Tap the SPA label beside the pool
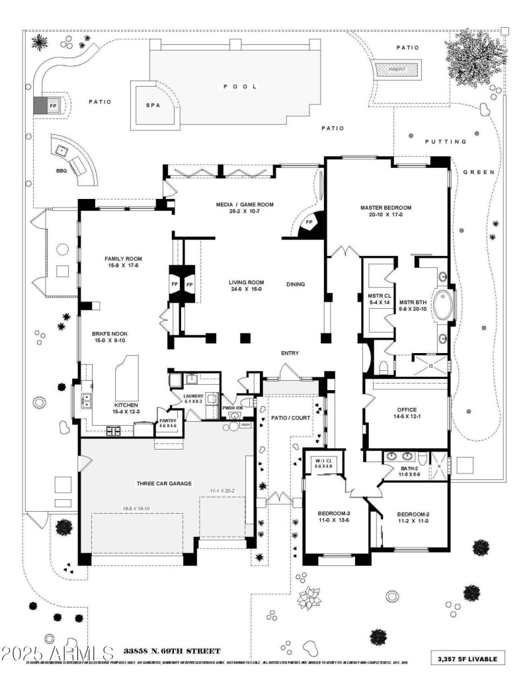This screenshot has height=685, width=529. coord(153,105)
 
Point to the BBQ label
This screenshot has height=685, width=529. coord(61,171)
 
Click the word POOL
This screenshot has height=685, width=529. coord(239,87)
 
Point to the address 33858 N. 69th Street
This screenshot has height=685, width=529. coord(168,651)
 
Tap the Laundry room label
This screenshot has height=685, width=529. coord(192,396)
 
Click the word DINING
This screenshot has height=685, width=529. coord(295,284)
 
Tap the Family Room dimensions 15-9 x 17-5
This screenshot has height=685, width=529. coord(124,266)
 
